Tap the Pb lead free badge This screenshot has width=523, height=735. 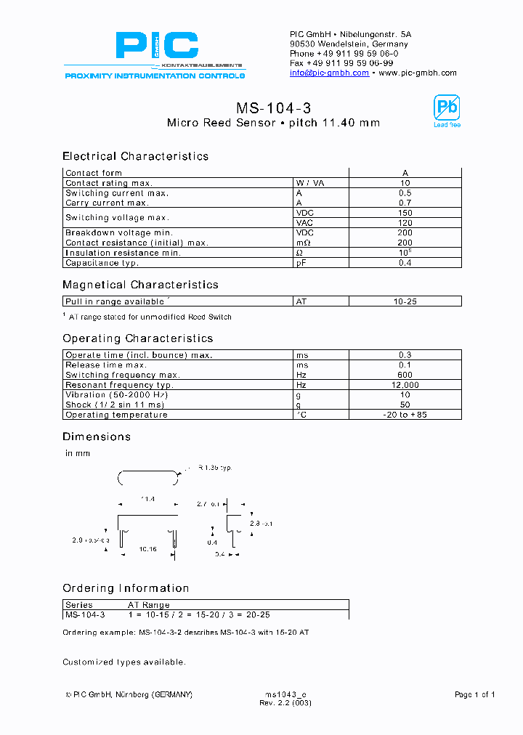(447, 110)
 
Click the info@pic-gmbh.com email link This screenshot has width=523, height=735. (329, 73)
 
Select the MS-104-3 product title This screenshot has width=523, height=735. (273, 108)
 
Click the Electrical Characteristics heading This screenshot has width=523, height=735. (135, 156)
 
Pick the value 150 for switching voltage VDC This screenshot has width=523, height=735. (405, 213)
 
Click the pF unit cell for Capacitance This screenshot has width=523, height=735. (301, 263)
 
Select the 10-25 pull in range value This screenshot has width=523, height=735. (405, 301)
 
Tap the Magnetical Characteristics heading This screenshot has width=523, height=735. (140, 285)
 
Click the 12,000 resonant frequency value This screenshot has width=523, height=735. (405, 385)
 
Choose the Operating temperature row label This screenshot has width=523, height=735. (116, 415)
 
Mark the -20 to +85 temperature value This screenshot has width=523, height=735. (405, 415)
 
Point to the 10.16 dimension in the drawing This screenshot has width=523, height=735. (149, 549)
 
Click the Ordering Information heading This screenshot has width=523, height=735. (126, 588)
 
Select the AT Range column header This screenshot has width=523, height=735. (149, 604)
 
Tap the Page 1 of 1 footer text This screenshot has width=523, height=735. (474, 695)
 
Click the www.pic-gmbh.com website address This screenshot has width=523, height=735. (418, 73)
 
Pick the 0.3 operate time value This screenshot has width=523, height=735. (405, 355)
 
